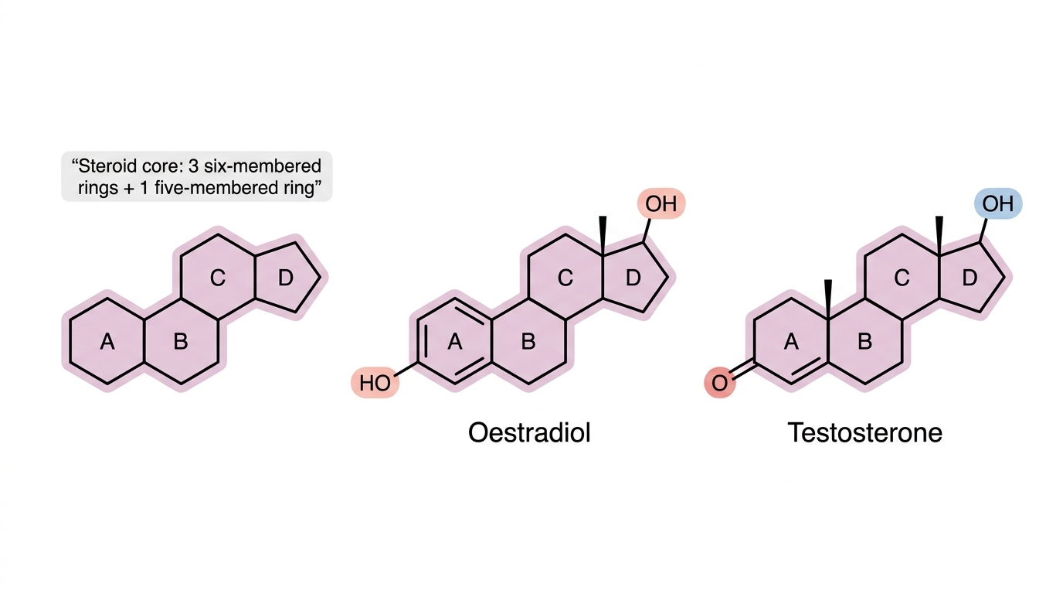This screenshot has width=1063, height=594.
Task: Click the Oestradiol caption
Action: click(x=529, y=433)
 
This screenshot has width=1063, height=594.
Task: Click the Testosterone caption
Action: click(x=864, y=433)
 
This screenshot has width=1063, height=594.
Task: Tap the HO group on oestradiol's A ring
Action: click(x=375, y=383)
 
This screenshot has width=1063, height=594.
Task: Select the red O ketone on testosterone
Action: click(x=719, y=383)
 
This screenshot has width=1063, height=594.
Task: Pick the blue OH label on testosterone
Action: click(x=998, y=204)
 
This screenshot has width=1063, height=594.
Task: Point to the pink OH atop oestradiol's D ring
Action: click(x=661, y=204)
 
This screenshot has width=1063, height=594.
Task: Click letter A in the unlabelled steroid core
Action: click(x=107, y=342)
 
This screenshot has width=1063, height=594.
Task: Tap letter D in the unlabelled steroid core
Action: click(x=285, y=278)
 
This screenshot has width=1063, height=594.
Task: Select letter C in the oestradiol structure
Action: click(x=565, y=278)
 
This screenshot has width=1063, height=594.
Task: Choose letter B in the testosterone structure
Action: click(x=864, y=342)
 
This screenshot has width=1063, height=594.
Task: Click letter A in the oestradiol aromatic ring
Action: click(x=454, y=342)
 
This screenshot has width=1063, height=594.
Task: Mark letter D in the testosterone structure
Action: click(x=970, y=278)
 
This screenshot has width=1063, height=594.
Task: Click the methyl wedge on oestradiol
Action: click(x=603, y=236)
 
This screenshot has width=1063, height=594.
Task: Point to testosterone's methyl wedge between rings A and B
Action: click(x=828, y=299)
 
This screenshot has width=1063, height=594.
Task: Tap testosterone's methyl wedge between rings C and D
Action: click(x=939, y=236)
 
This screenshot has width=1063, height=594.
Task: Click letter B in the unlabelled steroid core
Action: click(x=181, y=342)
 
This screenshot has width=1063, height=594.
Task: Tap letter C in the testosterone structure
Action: click(x=902, y=278)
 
